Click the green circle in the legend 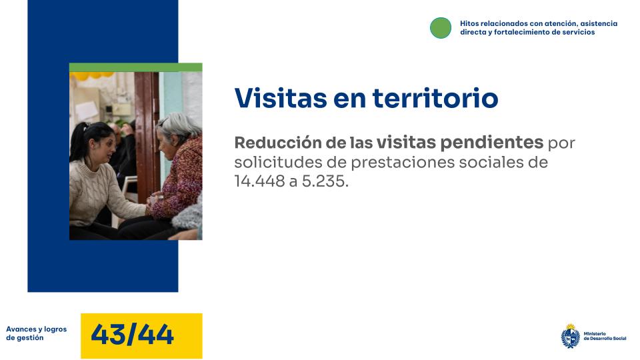point(441,27)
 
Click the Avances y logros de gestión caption point(37,333)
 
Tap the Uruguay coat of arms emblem point(570,335)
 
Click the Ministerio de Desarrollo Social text point(605,336)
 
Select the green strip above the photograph point(135,67)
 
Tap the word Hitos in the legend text point(469,23)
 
